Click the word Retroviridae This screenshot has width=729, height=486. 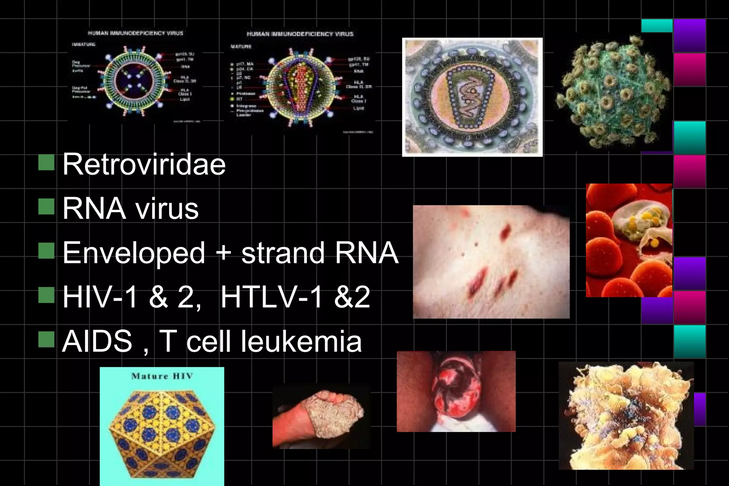tap(144, 165)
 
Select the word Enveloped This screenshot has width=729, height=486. tap(134, 253)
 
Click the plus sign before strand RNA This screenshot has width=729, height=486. tap(224, 253)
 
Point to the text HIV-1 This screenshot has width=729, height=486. tap(100, 297)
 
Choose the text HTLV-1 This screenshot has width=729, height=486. tap(271, 297)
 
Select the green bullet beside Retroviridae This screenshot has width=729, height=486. tap(46, 162)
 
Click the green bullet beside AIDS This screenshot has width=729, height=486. tap(46, 339)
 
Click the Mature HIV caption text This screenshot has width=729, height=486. tap(162, 376)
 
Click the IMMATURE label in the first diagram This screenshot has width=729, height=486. tap(84, 44)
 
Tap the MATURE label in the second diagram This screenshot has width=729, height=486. tap(241, 47)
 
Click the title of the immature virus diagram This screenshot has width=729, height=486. tap(136, 33)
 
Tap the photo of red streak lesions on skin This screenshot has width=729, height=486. tap(491, 262)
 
